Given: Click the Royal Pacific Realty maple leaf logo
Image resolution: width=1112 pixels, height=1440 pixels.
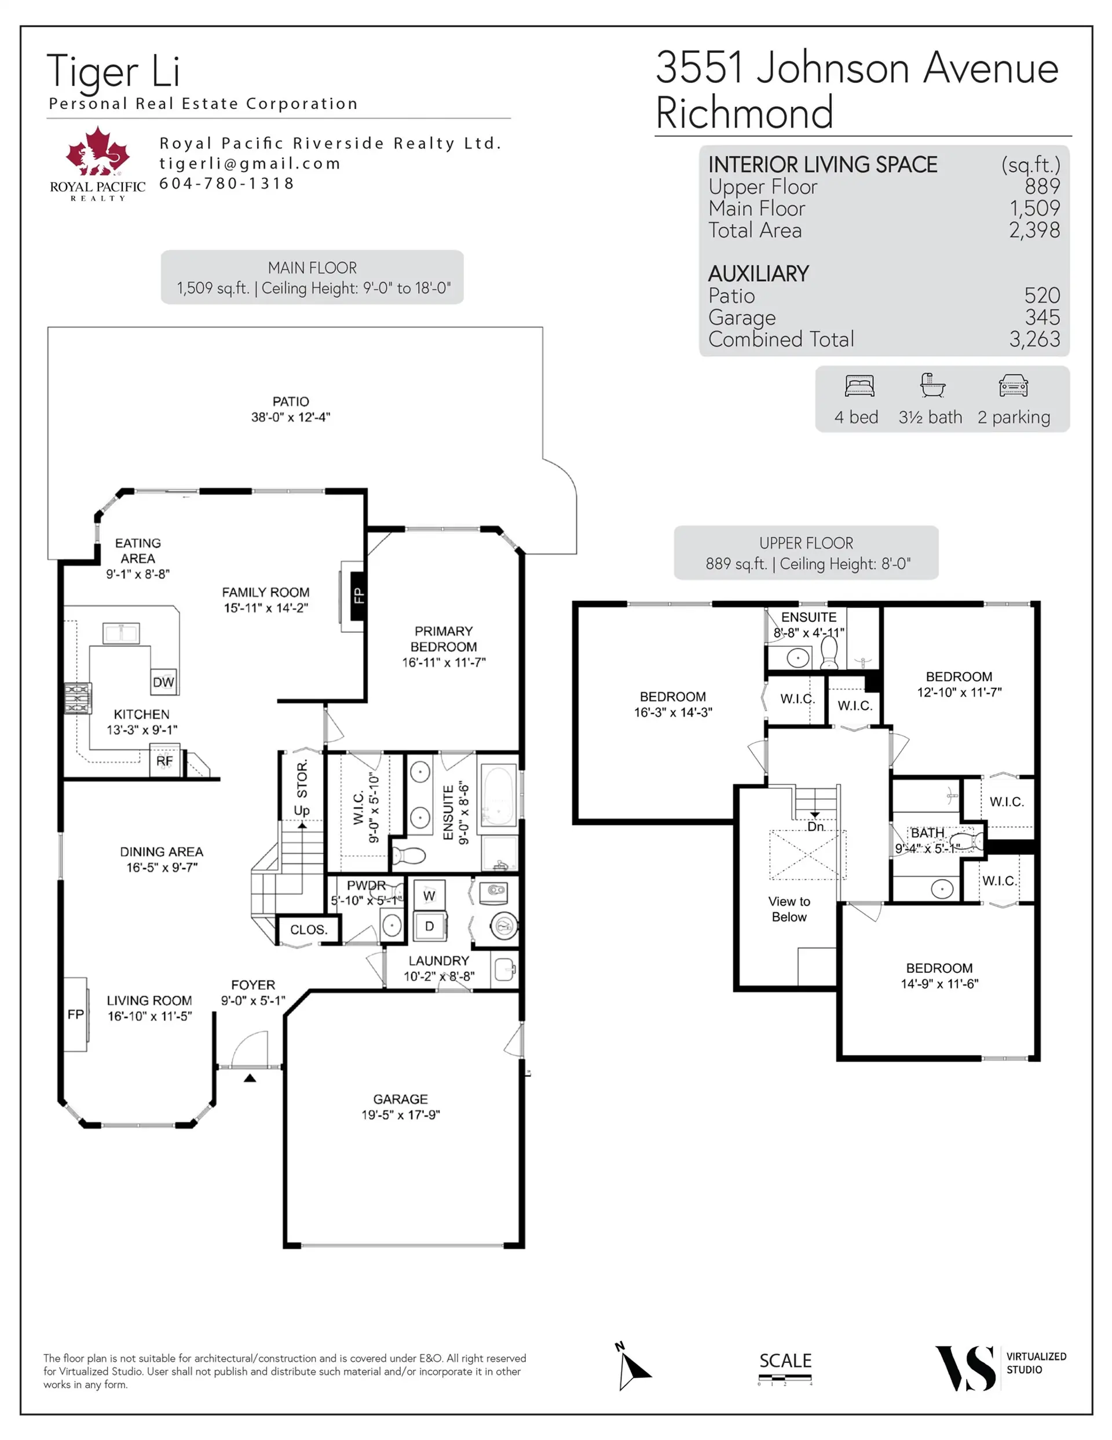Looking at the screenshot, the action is coord(97,151).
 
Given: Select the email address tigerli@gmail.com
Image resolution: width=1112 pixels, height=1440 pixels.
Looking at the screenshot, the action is coord(250,163).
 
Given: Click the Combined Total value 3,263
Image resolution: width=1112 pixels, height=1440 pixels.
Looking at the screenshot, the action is coord(1034,339).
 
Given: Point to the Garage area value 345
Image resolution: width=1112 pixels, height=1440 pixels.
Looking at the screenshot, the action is coord(1042,317).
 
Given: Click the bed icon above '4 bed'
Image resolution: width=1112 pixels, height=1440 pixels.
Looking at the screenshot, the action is coord(859,386).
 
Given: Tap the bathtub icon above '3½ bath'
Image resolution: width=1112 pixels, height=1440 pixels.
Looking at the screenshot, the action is coord(932,385).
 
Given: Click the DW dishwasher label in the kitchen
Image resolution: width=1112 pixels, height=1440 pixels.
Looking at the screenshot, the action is coord(163,682).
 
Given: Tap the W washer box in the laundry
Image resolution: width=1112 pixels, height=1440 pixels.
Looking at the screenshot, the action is coord(429,895).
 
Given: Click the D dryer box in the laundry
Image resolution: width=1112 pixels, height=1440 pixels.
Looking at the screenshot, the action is coord(429,927).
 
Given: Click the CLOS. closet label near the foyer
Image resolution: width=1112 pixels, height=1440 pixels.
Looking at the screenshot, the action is coord(309,929).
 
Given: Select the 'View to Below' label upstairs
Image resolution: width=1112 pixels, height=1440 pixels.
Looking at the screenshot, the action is coord(789,909).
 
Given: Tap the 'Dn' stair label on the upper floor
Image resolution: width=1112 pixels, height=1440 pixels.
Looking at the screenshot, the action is coord(815,827).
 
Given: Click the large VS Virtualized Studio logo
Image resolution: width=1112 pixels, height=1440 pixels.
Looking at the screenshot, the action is coord(965,1369).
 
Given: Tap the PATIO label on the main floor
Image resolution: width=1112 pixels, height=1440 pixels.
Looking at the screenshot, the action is coord(291,402).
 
